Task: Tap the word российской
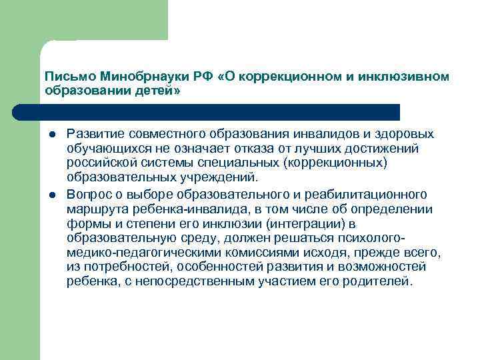pyautogui.click(x=99, y=164)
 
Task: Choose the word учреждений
pyautogui.click(x=220, y=179)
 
